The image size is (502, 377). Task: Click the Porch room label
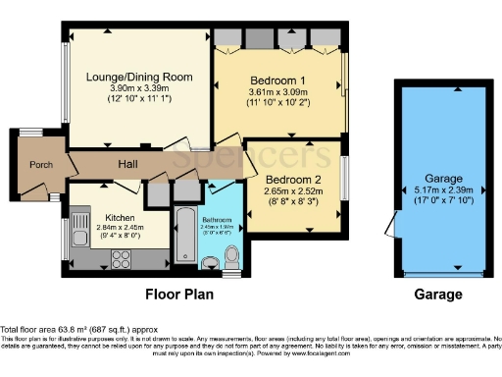click(x=40, y=165)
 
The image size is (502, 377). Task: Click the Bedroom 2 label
click(x=291, y=179)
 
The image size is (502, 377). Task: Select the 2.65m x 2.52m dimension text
click(x=291, y=190)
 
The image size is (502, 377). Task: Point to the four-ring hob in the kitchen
click(x=124, y=259)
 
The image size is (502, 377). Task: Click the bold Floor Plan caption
click(x=179, y=295)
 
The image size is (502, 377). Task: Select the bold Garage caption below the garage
click(x=437, y=295)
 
